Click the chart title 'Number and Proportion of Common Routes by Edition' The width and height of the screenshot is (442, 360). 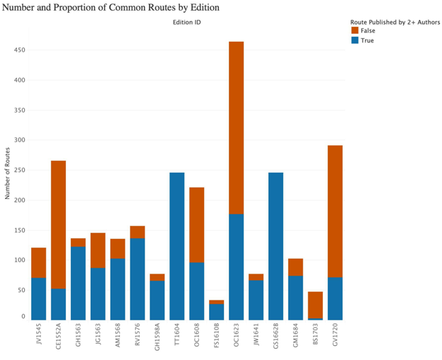point(111,7)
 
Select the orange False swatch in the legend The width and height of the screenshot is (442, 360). point(354,30)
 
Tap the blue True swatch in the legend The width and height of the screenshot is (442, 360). point(354,40)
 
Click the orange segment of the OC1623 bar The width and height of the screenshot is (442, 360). point(236,128)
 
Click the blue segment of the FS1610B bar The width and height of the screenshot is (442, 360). point(216,313)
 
